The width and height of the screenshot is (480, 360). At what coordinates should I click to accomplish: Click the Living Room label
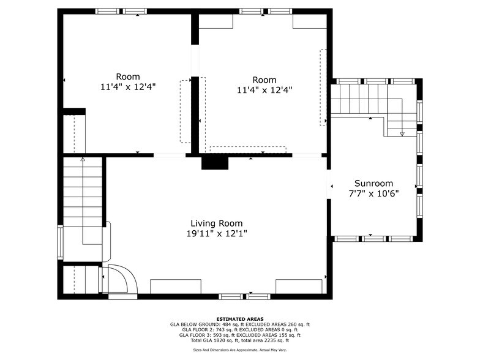[216, 223]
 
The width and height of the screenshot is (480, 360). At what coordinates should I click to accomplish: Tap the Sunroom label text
[373, 184]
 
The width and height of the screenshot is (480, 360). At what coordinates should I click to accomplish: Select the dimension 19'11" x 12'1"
[216, 233]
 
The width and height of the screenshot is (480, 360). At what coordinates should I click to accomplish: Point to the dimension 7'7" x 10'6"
[373, 193]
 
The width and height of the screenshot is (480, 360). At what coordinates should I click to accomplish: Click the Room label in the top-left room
[128, 77]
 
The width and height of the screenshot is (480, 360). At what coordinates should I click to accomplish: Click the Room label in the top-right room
[264, 80]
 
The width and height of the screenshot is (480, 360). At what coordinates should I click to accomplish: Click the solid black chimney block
[214, 163]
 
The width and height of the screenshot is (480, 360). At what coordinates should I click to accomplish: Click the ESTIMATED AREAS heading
[240, 319]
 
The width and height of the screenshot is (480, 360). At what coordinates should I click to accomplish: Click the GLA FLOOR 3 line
[240, 335]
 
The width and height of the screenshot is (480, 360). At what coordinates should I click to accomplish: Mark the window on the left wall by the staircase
[60, 242]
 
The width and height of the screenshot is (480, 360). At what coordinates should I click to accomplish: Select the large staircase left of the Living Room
[83, 199]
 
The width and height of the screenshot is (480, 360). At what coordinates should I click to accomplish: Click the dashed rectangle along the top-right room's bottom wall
[248, 149]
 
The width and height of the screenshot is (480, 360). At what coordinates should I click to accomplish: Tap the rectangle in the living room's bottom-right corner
[299, 287]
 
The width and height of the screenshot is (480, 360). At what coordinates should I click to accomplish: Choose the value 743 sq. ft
[217, 330]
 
